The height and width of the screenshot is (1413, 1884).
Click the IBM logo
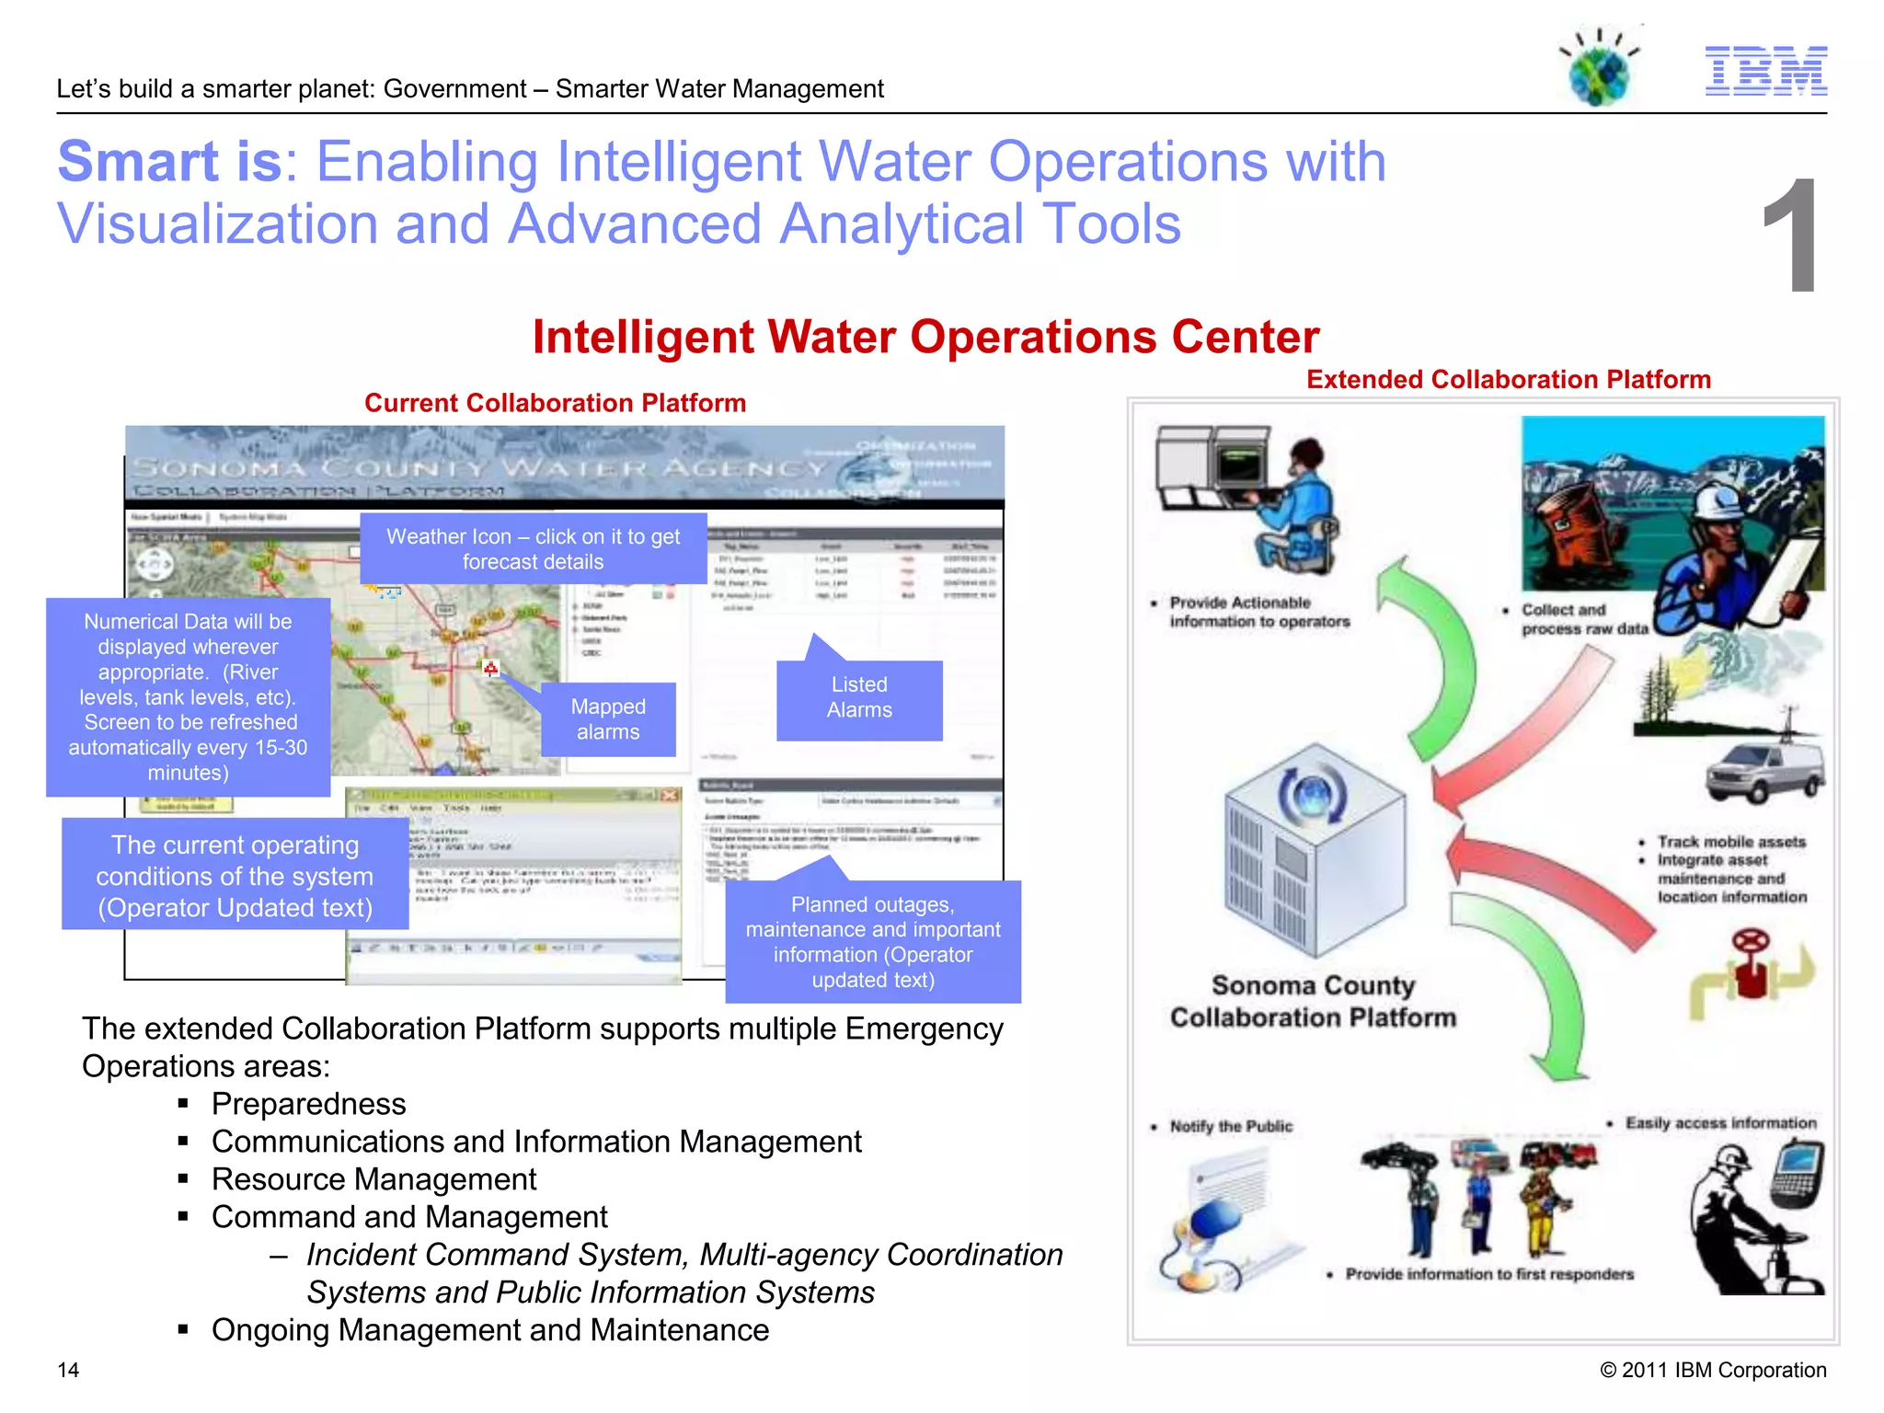(x=1765, y=71)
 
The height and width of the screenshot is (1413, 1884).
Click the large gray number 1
(x=1791, y=237)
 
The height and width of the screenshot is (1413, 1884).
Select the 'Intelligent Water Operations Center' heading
(x=925, y=337)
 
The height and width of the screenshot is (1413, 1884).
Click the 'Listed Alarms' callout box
(x=859, y=698)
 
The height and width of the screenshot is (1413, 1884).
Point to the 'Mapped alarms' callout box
(x=608, y=719)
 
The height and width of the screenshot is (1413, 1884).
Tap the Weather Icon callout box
(x=534, y=549)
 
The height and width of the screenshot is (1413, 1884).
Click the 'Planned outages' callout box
(x=873, y=942)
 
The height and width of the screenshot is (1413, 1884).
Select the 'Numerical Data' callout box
(x=189, y=697)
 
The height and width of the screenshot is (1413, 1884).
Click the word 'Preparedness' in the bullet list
(x=308, y=1104)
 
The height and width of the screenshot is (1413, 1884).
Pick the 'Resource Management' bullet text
(x=373, y=1179)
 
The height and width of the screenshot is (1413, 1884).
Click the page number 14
(x=68, y=1370)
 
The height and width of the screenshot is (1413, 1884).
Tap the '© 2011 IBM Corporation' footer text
(x=1713, y=1370)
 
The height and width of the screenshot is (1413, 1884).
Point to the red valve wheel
(x=1750, y=942)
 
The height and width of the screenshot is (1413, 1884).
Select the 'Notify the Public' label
(x=1231, y=1126)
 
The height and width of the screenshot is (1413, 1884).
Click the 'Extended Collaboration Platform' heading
(x=1509, y=380)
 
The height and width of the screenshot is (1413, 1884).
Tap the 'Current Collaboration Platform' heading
(x=555, y=403)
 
